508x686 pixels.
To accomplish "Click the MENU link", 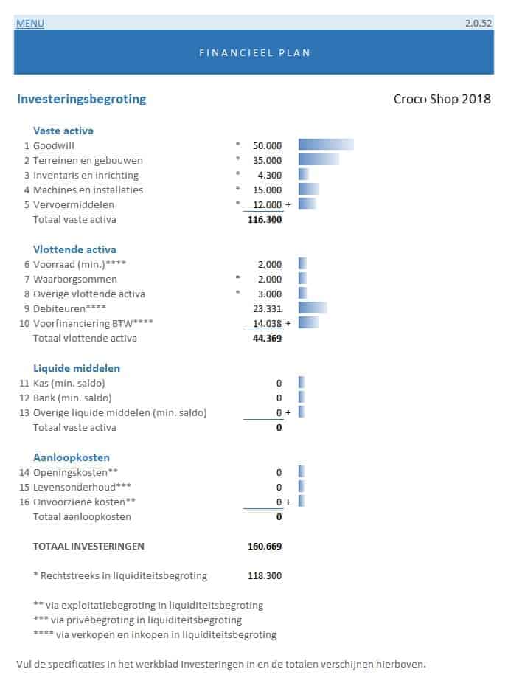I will click(30, 24).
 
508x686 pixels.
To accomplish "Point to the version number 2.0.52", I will click(478, 24).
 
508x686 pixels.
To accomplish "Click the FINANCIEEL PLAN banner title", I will click(254, 52).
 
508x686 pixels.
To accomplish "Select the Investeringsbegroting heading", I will click(81, 99).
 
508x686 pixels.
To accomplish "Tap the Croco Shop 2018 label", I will click(442, 100).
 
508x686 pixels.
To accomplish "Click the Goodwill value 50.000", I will click(267, 145).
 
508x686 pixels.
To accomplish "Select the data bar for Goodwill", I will click(325, 145).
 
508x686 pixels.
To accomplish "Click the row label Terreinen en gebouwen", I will click(88, 160).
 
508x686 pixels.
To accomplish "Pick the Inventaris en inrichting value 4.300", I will click(270, 175).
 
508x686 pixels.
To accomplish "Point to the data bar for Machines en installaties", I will click(308, 190).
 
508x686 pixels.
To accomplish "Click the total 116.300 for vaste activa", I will click(264, 219).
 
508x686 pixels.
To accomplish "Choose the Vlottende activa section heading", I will click(74, 249).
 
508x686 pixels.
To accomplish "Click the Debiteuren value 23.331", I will click(267, 308).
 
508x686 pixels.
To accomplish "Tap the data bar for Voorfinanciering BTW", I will click(308, 322).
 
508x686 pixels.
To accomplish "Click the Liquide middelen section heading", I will click(77, 368).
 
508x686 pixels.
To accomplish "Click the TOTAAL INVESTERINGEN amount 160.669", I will click(265, 547).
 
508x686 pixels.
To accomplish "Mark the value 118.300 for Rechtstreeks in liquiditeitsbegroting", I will click(265, 575).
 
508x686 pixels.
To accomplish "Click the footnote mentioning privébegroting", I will click(138, 620).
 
